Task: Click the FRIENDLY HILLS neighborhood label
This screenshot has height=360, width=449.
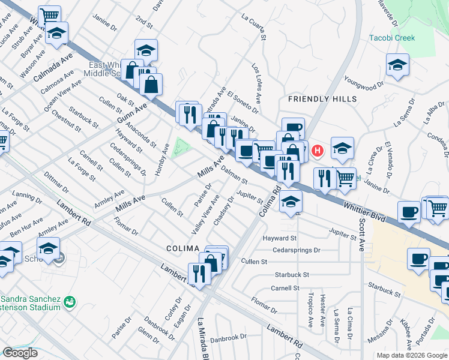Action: point(322,98)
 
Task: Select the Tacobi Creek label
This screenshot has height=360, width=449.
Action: point(391,38)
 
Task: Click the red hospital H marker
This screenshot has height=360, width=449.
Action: point(318,149)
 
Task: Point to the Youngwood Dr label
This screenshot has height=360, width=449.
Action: point(363,82)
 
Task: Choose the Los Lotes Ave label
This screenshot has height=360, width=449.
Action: point(256,85)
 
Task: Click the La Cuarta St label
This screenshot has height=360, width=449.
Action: point(255,28)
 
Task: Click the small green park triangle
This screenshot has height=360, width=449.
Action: point(179,148)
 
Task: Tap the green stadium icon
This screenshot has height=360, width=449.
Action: point(70,299)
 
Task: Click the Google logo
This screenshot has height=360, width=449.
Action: point(20,353)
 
